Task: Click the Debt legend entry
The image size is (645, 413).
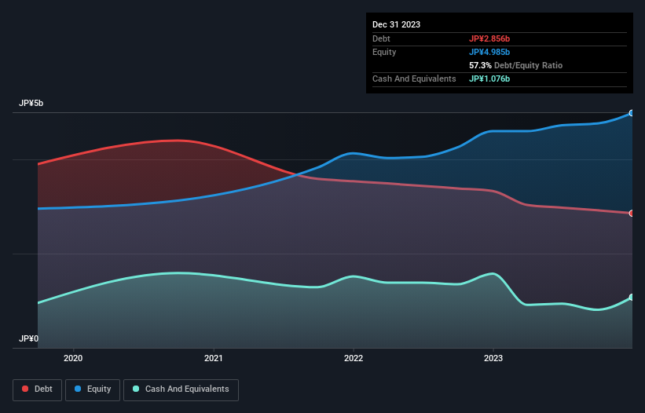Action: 36,389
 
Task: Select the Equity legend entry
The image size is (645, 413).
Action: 93,389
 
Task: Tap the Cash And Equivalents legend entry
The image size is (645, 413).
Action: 181,389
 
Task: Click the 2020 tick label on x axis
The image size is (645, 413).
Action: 73,359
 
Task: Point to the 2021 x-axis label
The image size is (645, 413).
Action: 213,359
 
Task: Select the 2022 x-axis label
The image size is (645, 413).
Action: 354,359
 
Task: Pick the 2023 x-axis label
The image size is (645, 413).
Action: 493,359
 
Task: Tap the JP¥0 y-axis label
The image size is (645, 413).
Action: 28,338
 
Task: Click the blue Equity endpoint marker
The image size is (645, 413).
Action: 632,113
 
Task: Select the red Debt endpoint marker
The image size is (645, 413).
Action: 632,213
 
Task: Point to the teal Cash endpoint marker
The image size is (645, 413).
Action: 632,297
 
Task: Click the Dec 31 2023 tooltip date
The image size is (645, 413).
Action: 396,24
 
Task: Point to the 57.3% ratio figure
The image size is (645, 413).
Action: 482,66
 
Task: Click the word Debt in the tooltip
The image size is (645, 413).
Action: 382,38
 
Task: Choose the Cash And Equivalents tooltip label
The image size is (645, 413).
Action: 414,79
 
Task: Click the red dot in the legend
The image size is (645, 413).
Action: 26,389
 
